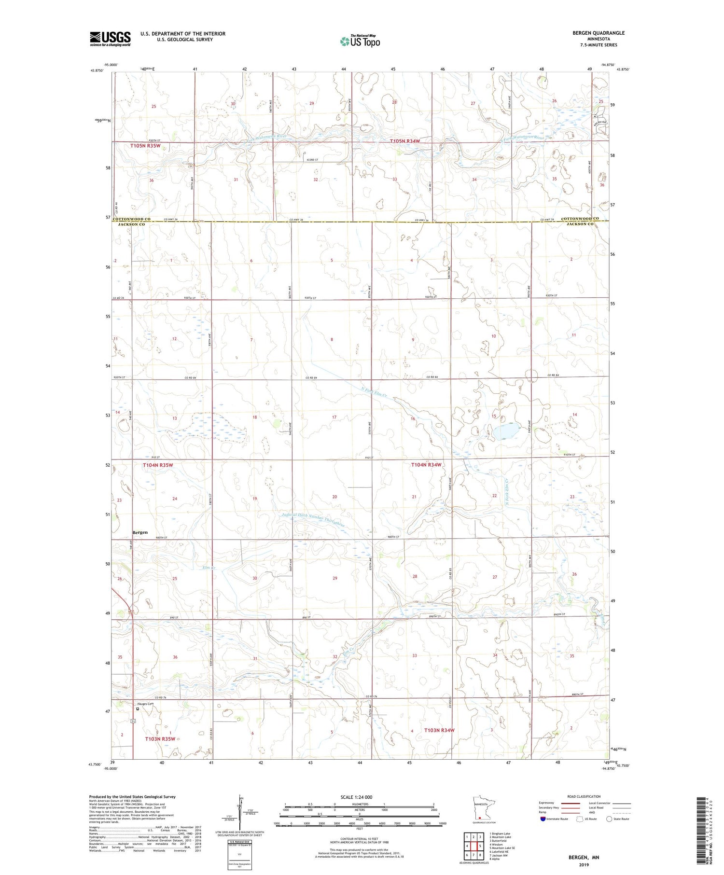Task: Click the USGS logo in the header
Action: [110, 39]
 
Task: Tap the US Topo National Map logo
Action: [360, 41]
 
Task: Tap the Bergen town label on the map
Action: [140, 532]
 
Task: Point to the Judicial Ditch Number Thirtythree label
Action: [313, 514]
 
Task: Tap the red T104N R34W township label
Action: [426, 465]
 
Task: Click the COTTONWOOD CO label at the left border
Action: [131, 219]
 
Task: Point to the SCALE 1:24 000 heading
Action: [359, 797]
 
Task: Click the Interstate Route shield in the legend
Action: [543, 819]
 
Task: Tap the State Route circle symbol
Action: [610, 819]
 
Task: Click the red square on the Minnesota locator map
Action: [480, 818]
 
